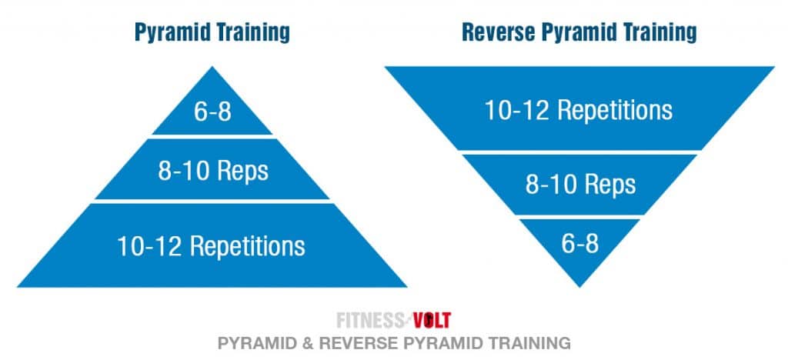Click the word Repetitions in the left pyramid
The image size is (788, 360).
(248, 246)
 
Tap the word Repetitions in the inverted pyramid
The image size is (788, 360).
(615, 110)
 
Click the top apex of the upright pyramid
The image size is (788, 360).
(212, 68)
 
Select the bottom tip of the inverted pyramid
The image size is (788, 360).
(579, 286)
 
